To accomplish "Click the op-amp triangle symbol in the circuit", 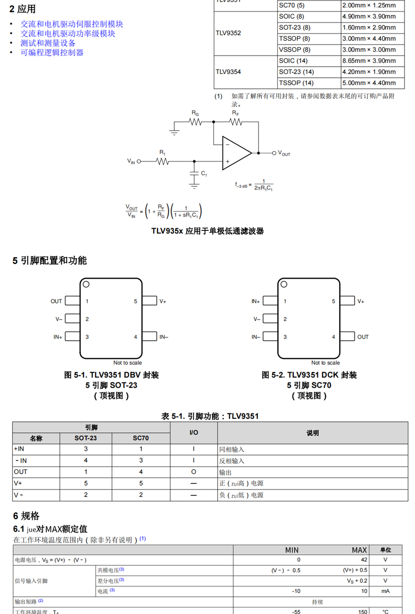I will (x=235, y=153).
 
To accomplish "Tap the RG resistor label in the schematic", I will (x=195, y=113).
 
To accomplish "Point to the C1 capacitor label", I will (x=204, y=174).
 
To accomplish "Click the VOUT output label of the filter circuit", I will (x=284, y=153).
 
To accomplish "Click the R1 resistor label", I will (x=162, y=153).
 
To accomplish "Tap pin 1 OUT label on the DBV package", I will (x=56, y=301).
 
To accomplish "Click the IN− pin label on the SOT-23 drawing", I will (x=164, y=337).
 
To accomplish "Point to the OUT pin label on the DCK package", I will (x=363, y=337).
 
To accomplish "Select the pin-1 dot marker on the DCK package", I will (x=284, y=284).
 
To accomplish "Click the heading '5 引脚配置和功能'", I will (x=50, y=260).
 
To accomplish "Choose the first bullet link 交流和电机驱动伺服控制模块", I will (x=72, y=24).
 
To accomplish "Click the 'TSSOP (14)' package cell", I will (x=296, y=83).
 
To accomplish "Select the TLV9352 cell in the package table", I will (x=229, y=33).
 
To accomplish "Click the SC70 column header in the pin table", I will (x=141, y=438).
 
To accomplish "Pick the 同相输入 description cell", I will (x=232, y=450).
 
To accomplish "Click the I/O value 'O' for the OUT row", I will (x=193, y=472).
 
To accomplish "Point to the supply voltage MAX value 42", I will (x=364, y=560).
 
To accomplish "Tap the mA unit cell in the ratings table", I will (x=385, y=591).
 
